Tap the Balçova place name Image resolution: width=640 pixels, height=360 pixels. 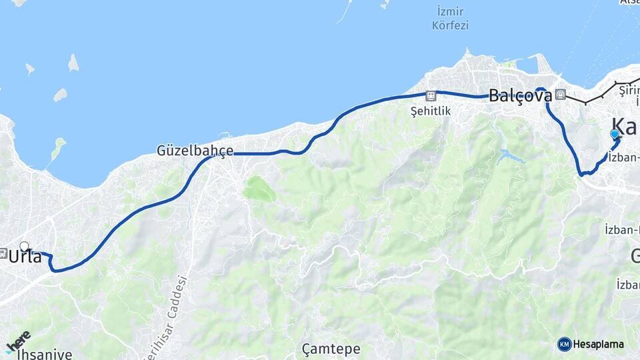coord(520,95)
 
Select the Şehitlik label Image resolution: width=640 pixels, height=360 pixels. coord(431,111)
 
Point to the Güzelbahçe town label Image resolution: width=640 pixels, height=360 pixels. coord(195,151)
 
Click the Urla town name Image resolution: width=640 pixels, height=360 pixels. coord(25,257)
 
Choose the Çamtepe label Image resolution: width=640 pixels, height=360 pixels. coord(331,349)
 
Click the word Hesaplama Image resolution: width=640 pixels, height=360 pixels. coord(599,345)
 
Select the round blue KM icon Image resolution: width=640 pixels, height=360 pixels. coord(565,345)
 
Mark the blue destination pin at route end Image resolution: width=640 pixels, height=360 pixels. coord(614,135)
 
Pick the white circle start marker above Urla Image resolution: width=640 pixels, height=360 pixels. coord(25,246)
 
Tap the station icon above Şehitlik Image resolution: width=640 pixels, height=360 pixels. coord(431,95)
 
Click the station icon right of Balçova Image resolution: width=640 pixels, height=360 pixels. coord(561,95)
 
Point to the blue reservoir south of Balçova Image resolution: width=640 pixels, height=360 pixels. coord(510,157)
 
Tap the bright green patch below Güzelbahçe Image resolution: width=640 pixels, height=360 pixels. coord(259,189)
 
